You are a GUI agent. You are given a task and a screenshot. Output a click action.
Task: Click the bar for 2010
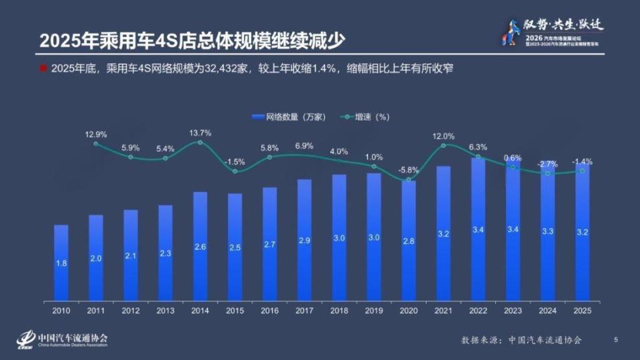[x=61, y=263]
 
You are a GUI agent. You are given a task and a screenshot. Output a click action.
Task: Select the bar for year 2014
[x=200, y=246]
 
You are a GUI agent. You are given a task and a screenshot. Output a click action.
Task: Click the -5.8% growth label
[x=409, y=170]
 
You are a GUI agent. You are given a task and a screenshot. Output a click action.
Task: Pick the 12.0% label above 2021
[x=443, y=136]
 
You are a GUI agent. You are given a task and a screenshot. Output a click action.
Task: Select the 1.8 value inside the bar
[x=61, y=263]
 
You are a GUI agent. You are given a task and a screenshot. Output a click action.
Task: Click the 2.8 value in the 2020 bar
[x=409, y=241]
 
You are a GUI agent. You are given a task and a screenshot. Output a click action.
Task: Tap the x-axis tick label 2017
[x=304, y=310]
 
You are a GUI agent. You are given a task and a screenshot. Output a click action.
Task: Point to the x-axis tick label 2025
[x=582, y=310]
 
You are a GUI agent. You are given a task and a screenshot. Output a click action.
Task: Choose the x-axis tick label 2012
[x=131, y=310]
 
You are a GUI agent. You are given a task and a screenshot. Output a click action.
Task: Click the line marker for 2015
[x=235, y=171]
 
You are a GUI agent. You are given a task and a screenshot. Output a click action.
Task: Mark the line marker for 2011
[x=96, y=143]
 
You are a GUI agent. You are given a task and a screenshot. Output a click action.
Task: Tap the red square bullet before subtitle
[x=43, y=69]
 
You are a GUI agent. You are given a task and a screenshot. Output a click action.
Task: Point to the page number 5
[x=615, y=340]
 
